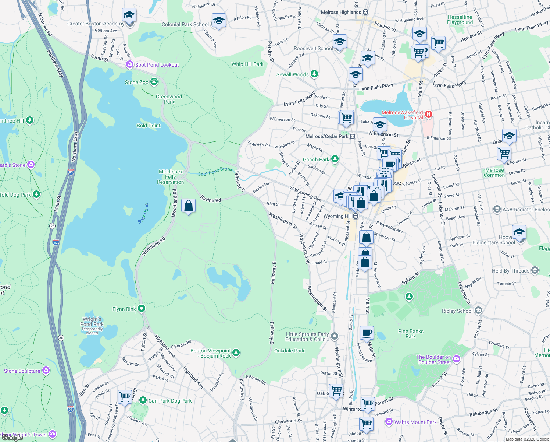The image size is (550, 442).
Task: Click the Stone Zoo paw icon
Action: coord(154,82)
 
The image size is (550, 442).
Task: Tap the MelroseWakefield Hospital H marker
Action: coord(428,115)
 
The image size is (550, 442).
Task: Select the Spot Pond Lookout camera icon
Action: coord(129,65)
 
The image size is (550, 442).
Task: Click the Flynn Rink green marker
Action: coord(142,309)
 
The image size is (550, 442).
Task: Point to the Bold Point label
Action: coord(149,126)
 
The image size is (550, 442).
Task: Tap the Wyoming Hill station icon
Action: coord(356,216)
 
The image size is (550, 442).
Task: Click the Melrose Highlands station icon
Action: coord(365,12)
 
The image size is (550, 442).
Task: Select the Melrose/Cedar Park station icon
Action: coord(352,136)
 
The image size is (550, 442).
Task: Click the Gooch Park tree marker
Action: coord(335,159)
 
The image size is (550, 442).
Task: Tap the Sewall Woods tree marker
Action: coord(314,74)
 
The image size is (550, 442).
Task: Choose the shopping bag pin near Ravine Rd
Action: coord(188,206)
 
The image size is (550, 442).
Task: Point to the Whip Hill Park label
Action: coord(247,64)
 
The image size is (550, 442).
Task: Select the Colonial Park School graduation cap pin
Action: coord(219,21)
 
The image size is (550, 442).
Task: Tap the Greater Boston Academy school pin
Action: coord(129,15)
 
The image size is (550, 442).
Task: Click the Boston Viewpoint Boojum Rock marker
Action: coord(236,353)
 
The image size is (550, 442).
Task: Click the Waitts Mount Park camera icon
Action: coord(389,421)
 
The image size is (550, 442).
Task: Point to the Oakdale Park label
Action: coord(289,351)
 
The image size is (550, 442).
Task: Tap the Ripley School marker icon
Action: coord(478,311)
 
